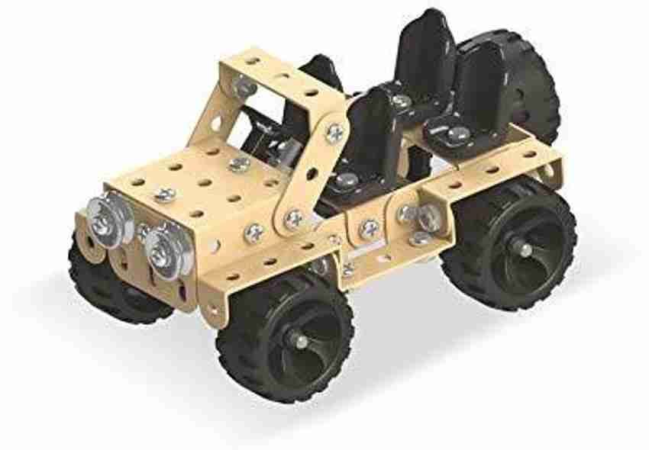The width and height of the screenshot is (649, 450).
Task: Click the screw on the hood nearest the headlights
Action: pyautogui.click(x=165, y=194)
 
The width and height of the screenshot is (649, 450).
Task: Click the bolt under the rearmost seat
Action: pyautogui.click(x=457, y=133)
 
